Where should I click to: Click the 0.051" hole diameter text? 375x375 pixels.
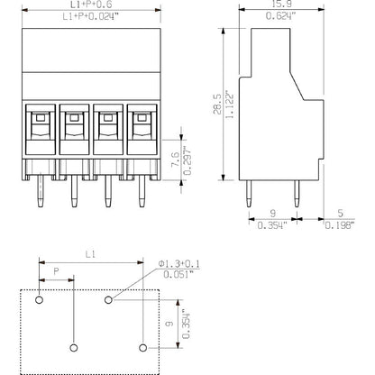click(180, 274)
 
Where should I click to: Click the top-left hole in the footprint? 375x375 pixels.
click(39, 298)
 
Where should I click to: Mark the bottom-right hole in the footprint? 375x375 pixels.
click(142, 345)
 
